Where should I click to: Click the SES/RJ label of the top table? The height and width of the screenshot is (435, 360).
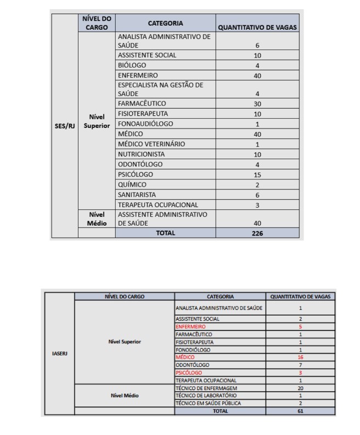64,126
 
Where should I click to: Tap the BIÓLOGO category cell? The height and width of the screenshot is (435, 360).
132,65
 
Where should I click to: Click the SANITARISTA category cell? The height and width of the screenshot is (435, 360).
137,194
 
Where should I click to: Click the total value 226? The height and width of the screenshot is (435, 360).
257,233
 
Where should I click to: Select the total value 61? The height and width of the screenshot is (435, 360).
300,410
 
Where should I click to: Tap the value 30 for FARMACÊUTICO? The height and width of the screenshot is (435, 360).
257,104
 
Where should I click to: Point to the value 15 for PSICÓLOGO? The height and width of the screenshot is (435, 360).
257,175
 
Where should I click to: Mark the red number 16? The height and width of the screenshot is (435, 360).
300,357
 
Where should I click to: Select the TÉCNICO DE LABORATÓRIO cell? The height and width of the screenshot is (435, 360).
205,395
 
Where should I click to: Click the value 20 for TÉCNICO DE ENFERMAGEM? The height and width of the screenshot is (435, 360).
300,388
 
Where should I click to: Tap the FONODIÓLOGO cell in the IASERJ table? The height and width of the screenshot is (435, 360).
193,349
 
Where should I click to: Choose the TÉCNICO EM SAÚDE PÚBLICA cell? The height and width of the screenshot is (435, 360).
208,403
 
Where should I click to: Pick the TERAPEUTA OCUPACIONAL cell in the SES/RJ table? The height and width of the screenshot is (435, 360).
158,205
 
